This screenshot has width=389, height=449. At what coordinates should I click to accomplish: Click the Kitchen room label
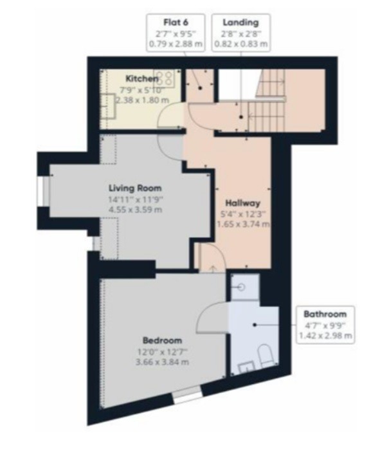(142, 78)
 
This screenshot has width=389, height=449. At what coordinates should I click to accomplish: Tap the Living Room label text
(135, 188)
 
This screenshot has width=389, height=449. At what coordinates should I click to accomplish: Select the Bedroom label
(162, 340)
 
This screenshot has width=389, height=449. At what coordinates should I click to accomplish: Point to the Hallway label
(243, 203)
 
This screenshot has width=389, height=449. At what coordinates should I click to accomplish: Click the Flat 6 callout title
(176, 22)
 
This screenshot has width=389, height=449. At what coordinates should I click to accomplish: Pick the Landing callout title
(240, 23)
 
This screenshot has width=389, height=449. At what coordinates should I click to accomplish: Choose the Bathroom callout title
(325, 314)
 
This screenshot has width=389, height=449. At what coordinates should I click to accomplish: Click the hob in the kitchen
(165, 78)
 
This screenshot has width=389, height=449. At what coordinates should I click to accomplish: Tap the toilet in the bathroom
(266, 356)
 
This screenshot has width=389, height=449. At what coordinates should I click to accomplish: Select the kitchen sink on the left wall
(108, 106)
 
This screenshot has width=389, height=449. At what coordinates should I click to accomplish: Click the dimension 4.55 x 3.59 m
(135, 210)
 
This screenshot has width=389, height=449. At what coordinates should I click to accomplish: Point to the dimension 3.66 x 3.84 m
(162, 362)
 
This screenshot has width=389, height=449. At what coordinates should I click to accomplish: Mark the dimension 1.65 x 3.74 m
(243, 224)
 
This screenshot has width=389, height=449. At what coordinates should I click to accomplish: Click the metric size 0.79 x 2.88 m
(176, 44)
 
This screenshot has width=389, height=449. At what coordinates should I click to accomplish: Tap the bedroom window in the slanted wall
(188, 395)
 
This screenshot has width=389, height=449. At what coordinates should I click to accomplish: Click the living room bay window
(43, 191)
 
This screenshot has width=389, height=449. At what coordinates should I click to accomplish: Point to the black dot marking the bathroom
(255, 325)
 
